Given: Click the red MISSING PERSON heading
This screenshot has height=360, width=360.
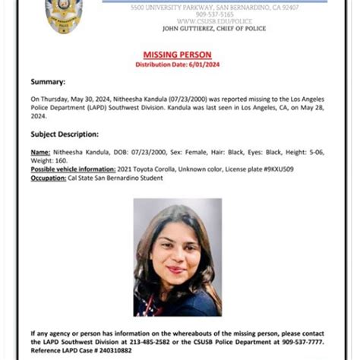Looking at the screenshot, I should (178, 55).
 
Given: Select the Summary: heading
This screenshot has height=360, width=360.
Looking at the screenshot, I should (48, 81).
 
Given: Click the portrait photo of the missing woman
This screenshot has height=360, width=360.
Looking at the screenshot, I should (178, 257).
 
